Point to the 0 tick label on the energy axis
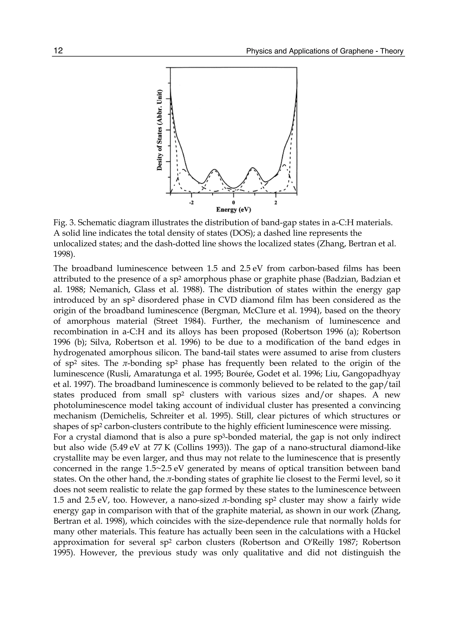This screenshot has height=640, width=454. coord(233,202)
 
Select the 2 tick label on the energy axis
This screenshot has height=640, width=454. coord(276,202)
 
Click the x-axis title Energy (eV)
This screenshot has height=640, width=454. coord(233,210)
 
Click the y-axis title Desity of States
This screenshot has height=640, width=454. coord(159,130)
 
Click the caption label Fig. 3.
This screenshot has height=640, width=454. coord(64,223)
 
